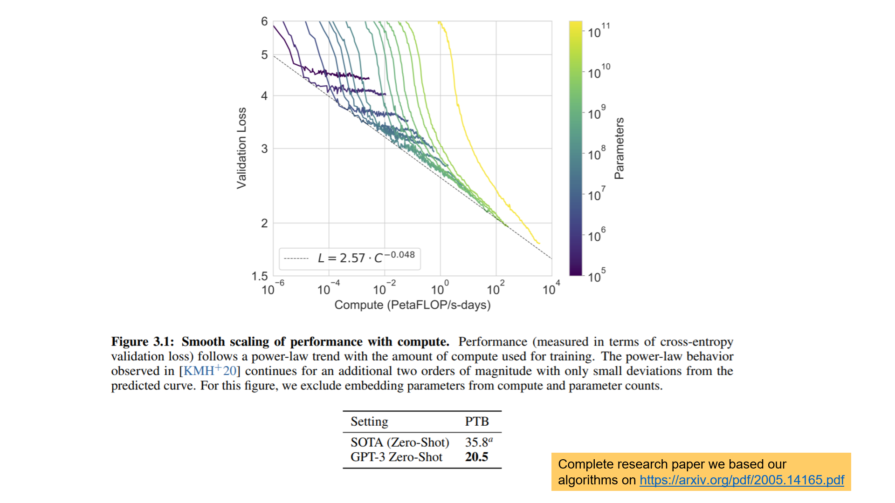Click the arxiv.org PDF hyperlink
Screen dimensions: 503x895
click(x=741, y=480)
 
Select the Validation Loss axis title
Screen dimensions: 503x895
click(x=241, y=148)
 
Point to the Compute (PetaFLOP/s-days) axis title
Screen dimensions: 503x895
click(x=413, y=305)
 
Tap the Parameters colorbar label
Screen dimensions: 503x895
click(x=619, y=148)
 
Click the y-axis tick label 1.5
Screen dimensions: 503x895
click(x=260, y=276)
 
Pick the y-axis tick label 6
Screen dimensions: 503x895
click(x=264, y=21)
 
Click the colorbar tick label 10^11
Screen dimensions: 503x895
click(x=598, y=31)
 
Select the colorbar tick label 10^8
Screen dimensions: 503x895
click(x=597, y=154)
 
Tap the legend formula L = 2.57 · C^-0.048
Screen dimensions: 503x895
click(x=366, y=258)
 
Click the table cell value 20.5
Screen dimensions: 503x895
click(x=476, y=457)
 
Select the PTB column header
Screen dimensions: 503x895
click(x=476, y=421)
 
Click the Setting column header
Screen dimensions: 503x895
click(x=369, y=421)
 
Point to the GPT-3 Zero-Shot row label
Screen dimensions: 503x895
click(x=396, y=457)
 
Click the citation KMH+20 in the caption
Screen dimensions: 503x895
click(x=210, y=371)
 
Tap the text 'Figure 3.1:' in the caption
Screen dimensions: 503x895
click(x=142, y=342)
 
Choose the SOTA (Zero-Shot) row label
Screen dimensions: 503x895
click(x=399, y=442)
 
